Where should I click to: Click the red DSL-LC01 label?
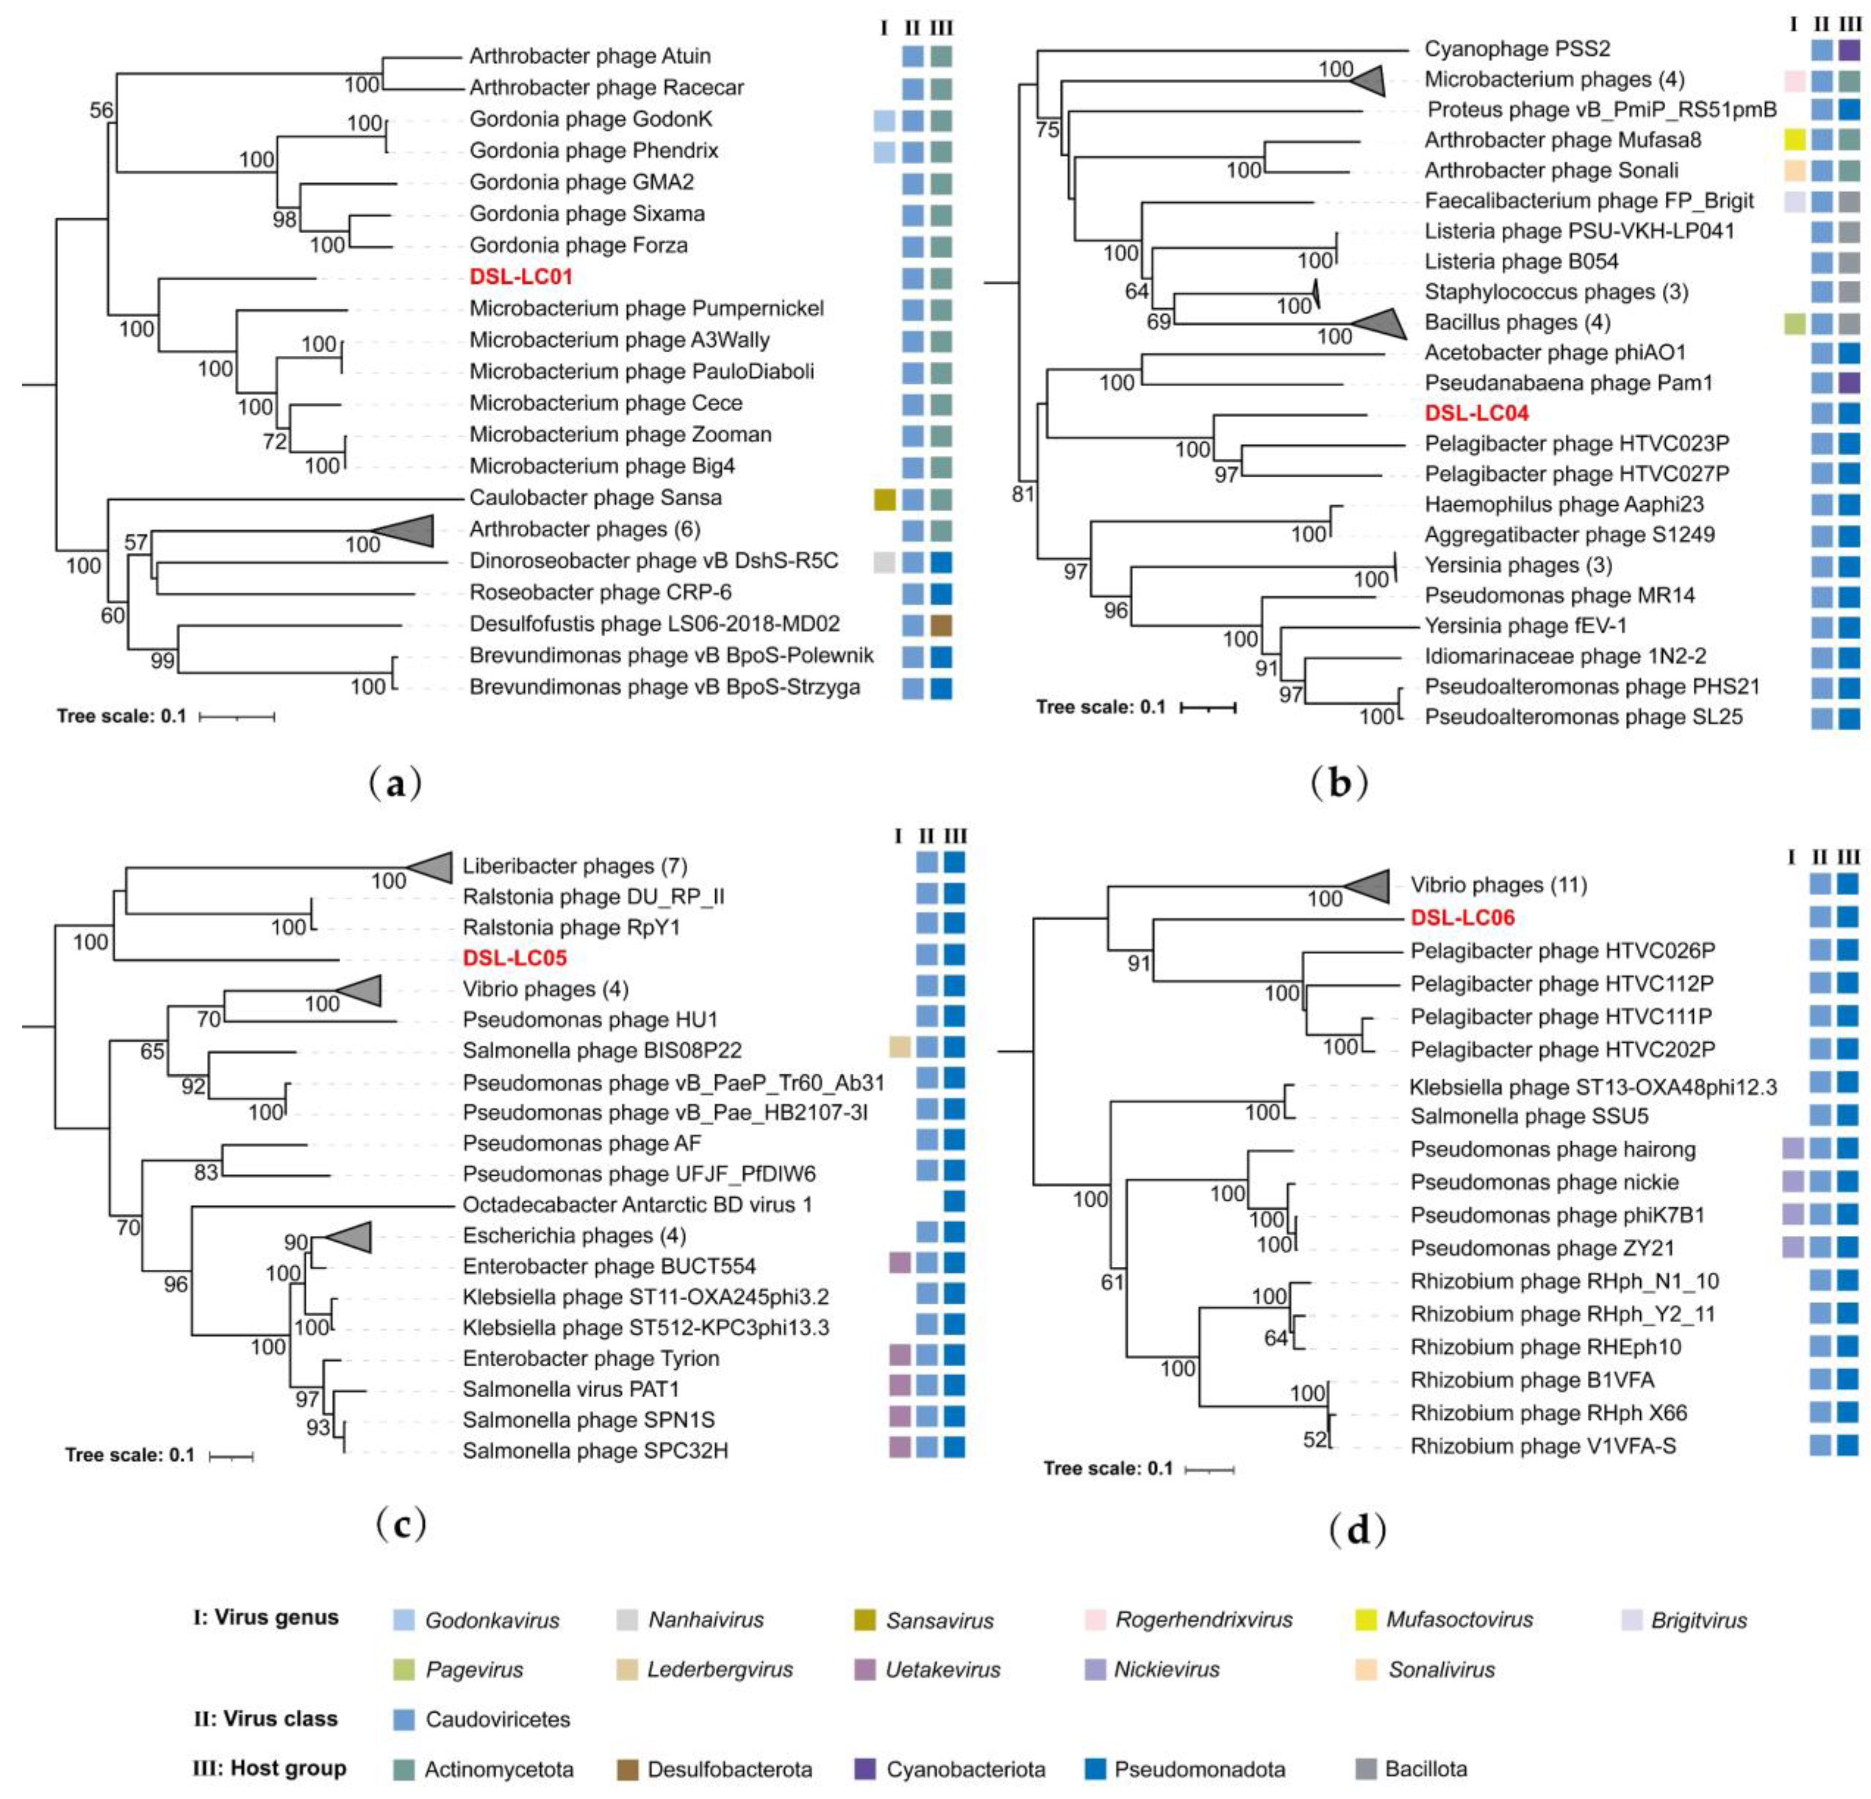(x=520, y=277)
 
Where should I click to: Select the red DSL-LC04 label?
(x=1476, y=414)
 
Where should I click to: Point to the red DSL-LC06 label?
(x=1462, y=918)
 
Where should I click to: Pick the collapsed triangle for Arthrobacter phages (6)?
(x=406, y=530)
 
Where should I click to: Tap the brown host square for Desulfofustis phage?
(x=941, y=624)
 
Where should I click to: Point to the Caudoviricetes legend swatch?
(x=404, y=1719)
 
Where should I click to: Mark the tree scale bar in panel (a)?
(x=237, y=716)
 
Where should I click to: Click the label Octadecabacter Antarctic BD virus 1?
(x=637, y=1204)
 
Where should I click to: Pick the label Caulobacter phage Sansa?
(x=595, y=497)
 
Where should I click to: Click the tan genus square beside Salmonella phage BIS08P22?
(x=899, y=1048)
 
